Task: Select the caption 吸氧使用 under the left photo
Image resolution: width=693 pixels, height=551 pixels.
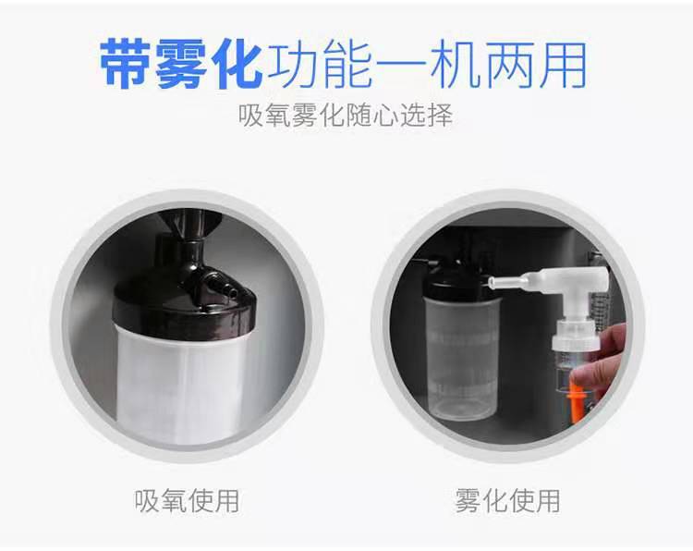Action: click(x=186, y=501)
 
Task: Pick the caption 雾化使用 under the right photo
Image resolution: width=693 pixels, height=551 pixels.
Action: click(x=507, y=501)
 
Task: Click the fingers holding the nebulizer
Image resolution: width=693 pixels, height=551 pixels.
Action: click(x=606, y=361)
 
